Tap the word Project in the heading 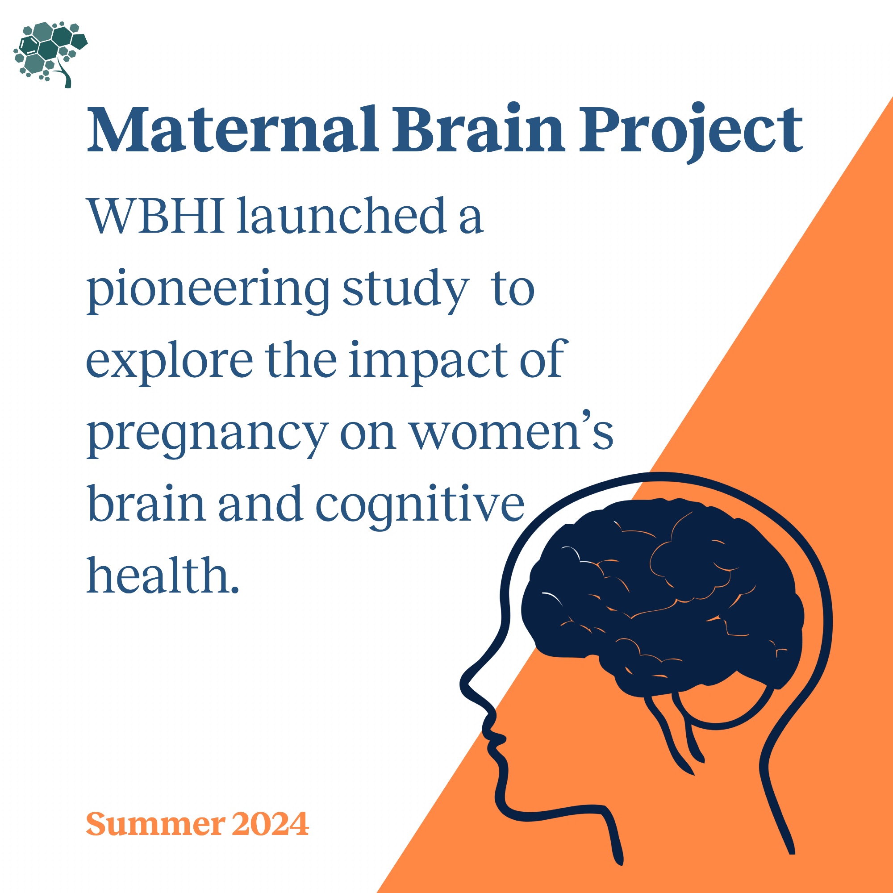[x=691, y=134]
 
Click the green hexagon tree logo [x=51, y=54]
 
